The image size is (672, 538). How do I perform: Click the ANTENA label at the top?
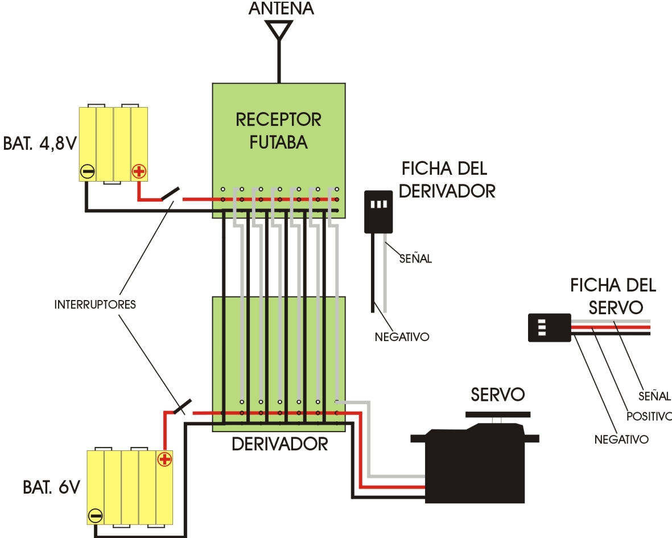pyautogui.click(x=281, y=8)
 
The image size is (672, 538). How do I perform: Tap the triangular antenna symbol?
pyautogui.click(x=279, y=30)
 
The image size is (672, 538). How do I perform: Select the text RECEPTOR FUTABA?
pyautogui.click(x=279, y=131)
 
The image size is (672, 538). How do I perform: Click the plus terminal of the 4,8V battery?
pyautogui.click(x=138, y=171)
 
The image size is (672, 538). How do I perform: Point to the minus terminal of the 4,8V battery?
pyautogui.click(x=88, y=172)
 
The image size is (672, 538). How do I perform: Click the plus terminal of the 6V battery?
pyautogui.click(x=164, y=459)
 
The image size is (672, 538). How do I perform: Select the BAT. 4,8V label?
pyautogui.click(x=40, y=143)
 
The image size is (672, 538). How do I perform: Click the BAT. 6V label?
pyautogui.click(x=51, y=487)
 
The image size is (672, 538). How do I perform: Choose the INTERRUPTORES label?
pyautogui.click(x=95, y=305)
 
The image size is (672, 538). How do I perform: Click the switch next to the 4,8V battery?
pyautogui.click(x=170, y=194)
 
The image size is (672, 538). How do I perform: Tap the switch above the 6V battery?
pyautogui.click(x=182, y=406)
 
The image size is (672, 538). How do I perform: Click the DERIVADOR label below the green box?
pyautogui.click(x=280, y=444)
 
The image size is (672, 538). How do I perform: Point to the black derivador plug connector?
pyautogui.click(x=378, y=212)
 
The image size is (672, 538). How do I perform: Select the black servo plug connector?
pyautogui.click(x=550, y=327)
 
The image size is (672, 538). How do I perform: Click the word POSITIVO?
pyautogui.click(x=649, y=416)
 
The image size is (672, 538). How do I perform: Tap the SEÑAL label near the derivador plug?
pyautogui.click(x=415, y=258)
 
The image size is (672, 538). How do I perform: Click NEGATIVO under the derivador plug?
pyautogui.click(x=402, y=337)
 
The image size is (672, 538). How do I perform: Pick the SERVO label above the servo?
pyautogui.click(x=497, y=395)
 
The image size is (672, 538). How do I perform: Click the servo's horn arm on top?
pyautogui.click(x=497, y=414)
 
